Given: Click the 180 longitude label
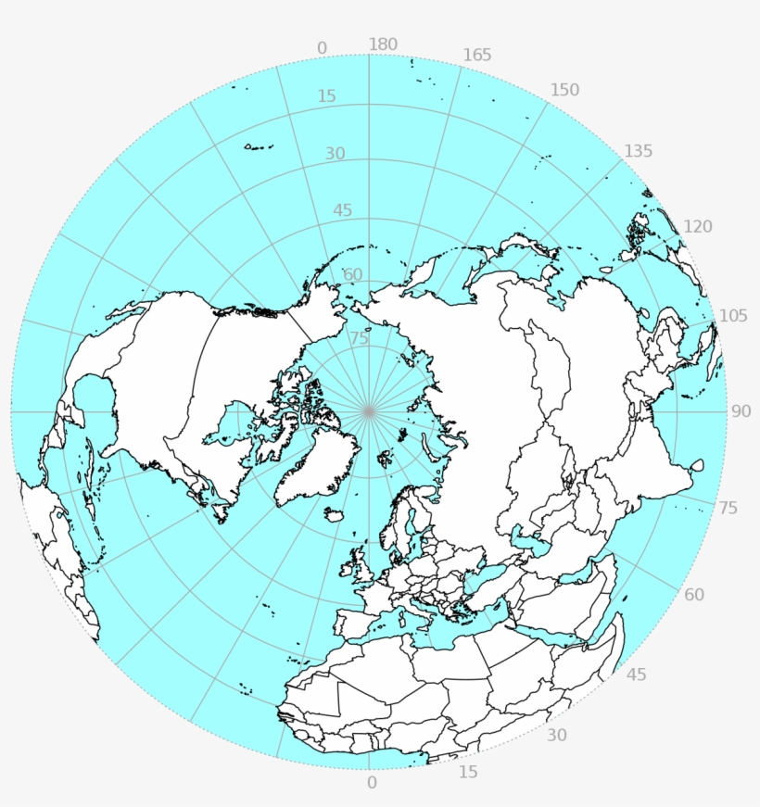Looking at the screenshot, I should pyautogui.click(x=383, y=44).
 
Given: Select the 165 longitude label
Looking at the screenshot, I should pyautogui.click(x=476, y=55).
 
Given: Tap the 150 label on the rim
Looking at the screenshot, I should pyautogui.click(x=564, y=90).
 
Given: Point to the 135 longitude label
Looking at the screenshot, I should pyautogui.click(x=638, y=151).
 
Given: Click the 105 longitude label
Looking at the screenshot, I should pyautogui.click(x=732, y=316).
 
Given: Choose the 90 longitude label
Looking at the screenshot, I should pyautogui.click(x=741, y=411).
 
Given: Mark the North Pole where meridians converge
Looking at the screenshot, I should pyautogui.click(x=369, y=411).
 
